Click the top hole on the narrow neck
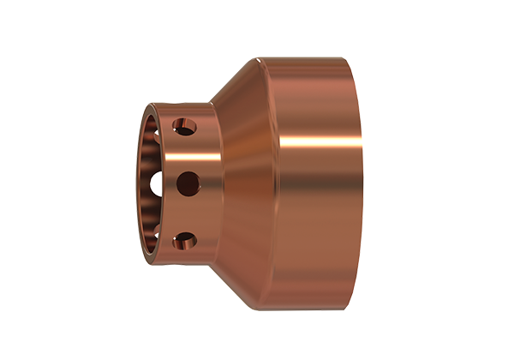[184, 127]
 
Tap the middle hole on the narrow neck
[185, 182]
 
